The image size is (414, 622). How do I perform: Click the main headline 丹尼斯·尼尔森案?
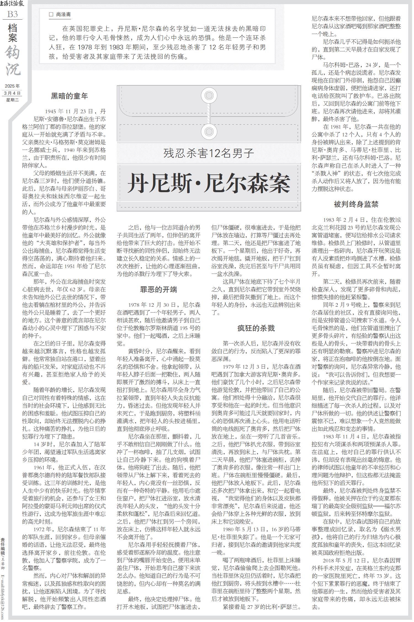point(209,183)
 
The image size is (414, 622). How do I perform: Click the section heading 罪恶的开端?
point(158,289)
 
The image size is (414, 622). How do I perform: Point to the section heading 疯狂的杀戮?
point(256,328)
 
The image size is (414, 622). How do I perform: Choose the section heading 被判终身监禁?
point(356,204)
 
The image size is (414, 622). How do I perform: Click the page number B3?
point(12,14)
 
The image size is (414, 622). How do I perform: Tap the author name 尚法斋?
point(63,15)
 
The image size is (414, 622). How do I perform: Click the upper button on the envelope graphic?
point(209,96)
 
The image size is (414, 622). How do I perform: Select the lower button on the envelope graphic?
point(209,131)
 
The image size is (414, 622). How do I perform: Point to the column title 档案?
point(13,33)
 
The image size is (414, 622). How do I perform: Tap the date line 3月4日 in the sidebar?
point(12,93)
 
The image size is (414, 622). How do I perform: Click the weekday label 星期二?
point(12,100)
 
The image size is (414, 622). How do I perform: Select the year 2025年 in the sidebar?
point(12,86)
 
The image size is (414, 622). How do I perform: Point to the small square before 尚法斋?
point(51,15)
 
